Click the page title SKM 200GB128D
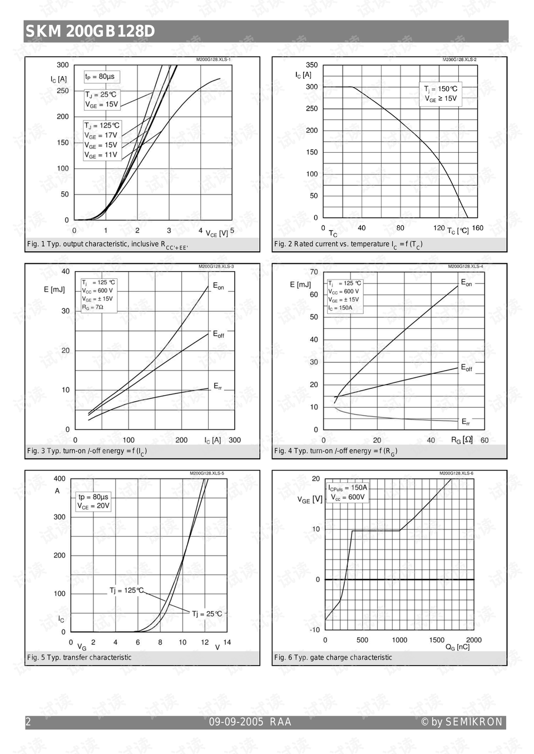[90, 32]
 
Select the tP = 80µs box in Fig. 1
[100, 77]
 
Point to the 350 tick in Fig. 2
[311, 65]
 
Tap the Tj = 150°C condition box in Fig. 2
[441, 93]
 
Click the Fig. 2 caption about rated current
[348, 244]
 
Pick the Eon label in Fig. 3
[219, 286]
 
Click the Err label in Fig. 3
[218, 386]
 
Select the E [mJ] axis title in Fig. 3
[54, 289]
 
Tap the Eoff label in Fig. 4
[466, 368]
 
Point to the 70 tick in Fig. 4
[314, 272]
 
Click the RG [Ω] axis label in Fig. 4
[462, 440]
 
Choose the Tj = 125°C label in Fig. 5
[126, 590]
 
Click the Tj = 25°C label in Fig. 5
[207, 614]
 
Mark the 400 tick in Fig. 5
[60, 478]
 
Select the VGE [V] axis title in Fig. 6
[310, 500]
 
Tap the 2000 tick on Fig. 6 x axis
[474, 640]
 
